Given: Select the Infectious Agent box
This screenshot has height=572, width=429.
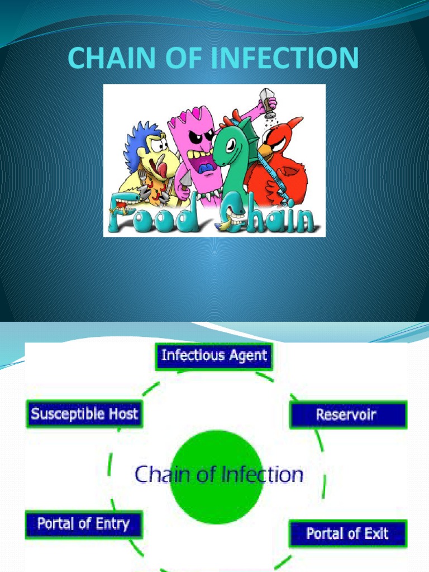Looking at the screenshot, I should pyautogui.click(x=214, y=356).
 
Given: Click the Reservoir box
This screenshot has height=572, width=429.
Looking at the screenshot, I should pyautogui.click(x=347, y=414).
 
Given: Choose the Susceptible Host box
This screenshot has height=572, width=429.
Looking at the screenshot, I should pyautogui.click(x=84, y=414).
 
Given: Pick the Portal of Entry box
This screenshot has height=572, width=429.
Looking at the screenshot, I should pyautogui.click(x=84, y=525).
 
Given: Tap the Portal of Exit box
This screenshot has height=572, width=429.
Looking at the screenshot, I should pyautogui.click(x=347, y=533).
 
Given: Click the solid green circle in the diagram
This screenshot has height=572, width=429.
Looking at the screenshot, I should pyautogui.click(x=216, y=476).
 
